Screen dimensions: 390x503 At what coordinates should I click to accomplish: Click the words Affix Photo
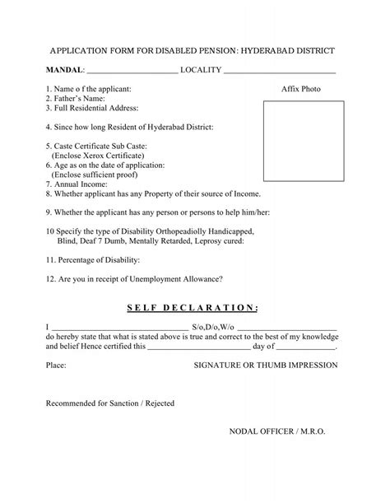300,89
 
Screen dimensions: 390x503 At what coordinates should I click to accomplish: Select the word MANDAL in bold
63,71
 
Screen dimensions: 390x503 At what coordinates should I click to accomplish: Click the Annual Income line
80,184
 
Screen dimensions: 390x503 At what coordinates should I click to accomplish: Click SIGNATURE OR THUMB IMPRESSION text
266,362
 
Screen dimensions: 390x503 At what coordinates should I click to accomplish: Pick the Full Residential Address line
92,108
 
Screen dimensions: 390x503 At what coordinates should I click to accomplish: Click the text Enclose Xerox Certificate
99,155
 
